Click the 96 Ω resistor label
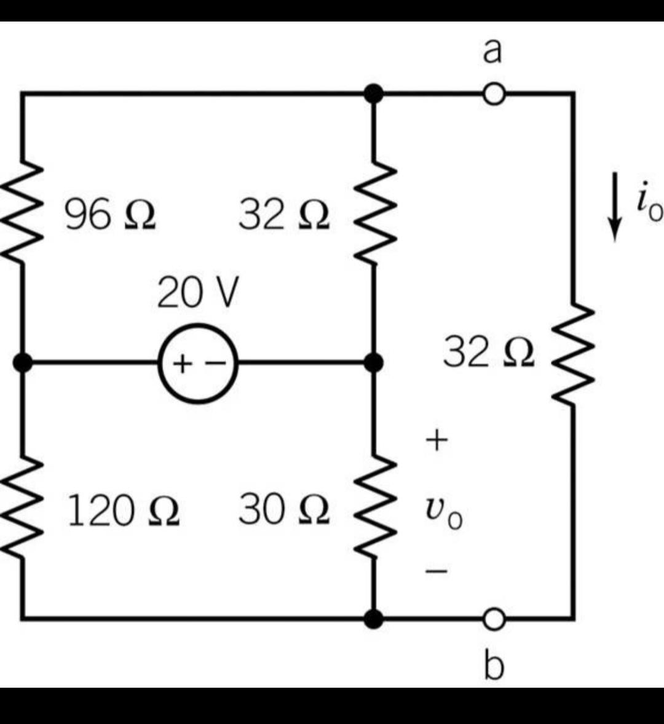click(x=110, y=214)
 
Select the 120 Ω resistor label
click(x=123, y=511)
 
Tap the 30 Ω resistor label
click(x=284, y=509)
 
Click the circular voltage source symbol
click(x=199, y=364)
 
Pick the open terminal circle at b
click(x=494, y=619)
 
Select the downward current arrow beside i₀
click(x=614, y=207)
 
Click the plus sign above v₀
click(x=437, y=440)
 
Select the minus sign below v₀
click(x=437, y=571)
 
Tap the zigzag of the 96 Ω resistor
click(x=22, y=212)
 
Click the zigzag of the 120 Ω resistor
click(x=22, y=508)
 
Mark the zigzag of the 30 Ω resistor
click(x=374, y=506)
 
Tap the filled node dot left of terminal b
click(x=374, y=619)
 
